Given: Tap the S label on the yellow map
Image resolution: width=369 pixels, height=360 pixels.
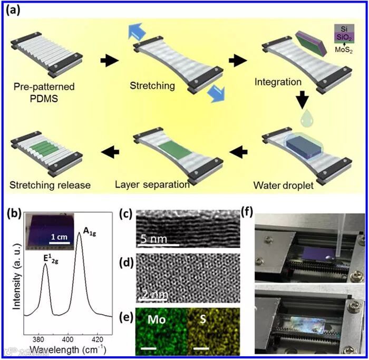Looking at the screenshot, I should [x=201, y=320].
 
